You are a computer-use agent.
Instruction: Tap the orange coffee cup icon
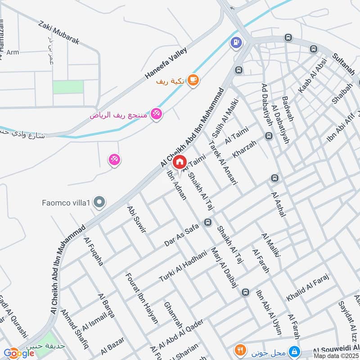click(193, 80)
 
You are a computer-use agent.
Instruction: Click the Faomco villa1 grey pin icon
click(99, 203)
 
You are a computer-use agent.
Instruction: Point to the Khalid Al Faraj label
click(308, 288)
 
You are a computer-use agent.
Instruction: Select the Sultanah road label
click(344, 64)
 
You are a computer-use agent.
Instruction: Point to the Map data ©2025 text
click(336, 356)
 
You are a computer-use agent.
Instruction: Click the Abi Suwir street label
click(137, 220)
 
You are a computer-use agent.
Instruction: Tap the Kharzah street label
click(244, 149)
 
